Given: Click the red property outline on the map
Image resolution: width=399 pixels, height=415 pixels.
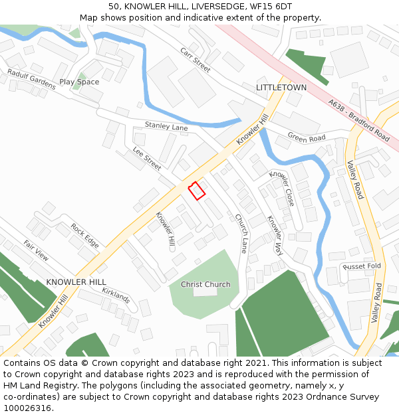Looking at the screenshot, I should coord(196,191).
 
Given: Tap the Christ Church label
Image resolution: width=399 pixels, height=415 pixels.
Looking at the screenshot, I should coord(205,284).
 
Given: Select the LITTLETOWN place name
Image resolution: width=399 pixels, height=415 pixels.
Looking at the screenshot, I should coord(281,87).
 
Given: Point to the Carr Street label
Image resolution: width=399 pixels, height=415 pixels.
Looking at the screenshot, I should coord(195,59).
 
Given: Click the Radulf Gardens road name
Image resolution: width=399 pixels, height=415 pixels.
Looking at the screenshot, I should coord(31,78).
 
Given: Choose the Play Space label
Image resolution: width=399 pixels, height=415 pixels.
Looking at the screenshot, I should coord(79,82).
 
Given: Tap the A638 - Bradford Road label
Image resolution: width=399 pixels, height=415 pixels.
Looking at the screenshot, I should coord(358,120).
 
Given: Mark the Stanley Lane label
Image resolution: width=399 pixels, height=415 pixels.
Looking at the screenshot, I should coord(166,125).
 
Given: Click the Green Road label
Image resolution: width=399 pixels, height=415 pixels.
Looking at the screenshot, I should coord(306,137).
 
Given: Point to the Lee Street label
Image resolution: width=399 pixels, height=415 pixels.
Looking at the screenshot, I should coord(147,158).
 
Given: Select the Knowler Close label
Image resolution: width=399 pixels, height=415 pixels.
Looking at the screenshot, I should coord(281,188).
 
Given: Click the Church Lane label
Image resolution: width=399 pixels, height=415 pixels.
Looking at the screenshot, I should coord(240,233).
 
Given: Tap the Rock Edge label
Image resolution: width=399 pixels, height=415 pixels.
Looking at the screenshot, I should coord(84,236).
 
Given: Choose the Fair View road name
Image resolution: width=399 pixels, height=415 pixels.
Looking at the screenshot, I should coord(37,250).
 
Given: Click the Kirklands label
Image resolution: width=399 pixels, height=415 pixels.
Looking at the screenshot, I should coord(116,295).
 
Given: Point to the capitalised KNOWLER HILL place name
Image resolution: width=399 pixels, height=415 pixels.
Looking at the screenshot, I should coord(76,282).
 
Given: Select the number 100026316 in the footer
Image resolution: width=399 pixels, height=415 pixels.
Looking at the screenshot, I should coord(28,408).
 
